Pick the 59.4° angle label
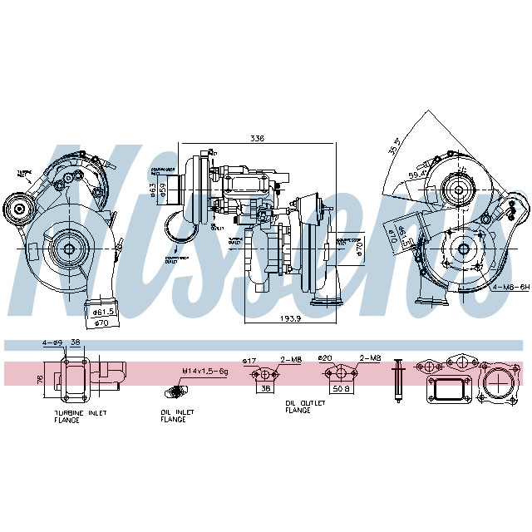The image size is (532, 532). (414, 176)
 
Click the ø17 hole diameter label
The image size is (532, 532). (248, 360)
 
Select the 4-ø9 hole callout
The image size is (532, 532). (52, 342)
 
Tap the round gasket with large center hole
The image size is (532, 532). (499, 383)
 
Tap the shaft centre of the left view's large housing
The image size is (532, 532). (66, 248)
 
